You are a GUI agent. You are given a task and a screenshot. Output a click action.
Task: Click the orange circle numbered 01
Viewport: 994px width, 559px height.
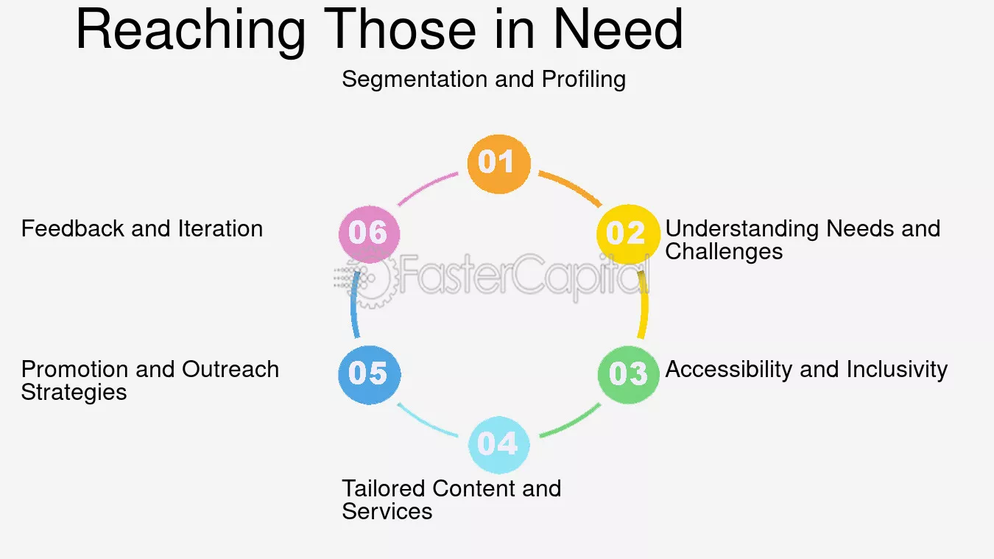[x=498, y=164]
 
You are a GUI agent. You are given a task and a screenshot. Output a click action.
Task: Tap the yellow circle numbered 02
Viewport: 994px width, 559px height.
[x=628, y=234]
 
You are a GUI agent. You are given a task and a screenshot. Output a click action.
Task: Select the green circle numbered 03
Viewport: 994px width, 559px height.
[x=628, y=375]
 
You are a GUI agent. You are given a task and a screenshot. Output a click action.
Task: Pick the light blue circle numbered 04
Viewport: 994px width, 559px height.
[x=498, y=445]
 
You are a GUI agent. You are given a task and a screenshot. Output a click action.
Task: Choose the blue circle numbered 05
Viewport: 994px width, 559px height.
[x=369, y=375]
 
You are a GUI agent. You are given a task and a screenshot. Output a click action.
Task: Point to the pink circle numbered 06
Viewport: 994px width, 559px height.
[x=369, y=234]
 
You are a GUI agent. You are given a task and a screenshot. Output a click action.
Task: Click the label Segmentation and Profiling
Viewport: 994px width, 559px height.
[x=484, y=80]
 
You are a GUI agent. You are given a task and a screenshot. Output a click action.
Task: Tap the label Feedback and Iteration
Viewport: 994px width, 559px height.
[x=142, y=228]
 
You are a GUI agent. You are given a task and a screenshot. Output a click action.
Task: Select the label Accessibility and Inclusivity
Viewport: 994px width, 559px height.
[x=806, y=370]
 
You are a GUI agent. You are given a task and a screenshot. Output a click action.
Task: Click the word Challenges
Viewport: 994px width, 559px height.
[x=724, y=252]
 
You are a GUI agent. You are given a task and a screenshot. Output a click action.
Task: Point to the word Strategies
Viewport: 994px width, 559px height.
[x=74, y=393]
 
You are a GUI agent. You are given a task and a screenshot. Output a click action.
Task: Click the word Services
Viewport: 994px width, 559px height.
[x=387, y=511]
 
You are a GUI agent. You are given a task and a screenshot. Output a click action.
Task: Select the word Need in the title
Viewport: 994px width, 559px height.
[x=618, y=29]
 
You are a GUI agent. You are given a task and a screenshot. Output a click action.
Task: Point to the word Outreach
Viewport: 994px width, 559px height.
[x=230, y=370]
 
